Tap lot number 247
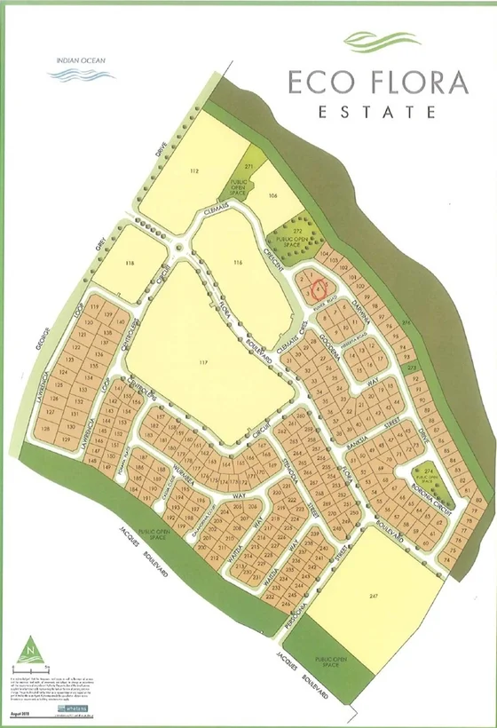click(377, 601)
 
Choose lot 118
click(130, 263)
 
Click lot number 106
click(273, 194)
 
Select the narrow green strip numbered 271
click(250, 168)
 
